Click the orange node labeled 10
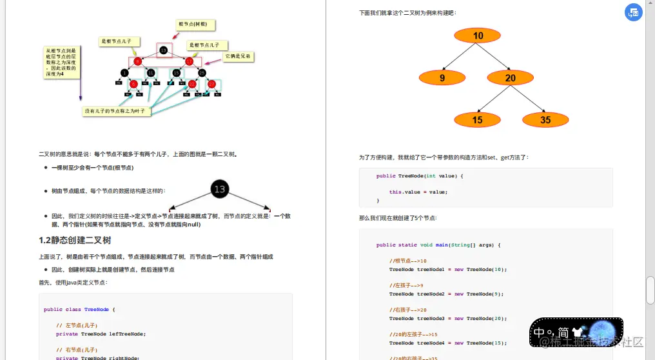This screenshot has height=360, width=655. tap(478, 35)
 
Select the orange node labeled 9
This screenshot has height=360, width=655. tap(442, 78)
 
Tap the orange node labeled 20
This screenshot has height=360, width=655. tap(511, 78)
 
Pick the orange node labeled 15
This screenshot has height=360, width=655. tap(477, 120)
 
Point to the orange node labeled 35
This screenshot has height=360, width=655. tap(545, 120)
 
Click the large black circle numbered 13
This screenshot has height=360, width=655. tap(220, 189)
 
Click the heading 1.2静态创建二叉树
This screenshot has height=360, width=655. tap(75, 241)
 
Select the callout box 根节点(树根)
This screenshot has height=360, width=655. tap(196, 25)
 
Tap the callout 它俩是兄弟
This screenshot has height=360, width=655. tap(238, 57)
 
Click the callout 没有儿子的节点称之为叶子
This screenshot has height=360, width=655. tap(117, 111)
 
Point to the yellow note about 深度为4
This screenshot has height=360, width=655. tap(61, 62)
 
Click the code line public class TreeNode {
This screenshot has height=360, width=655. tap(79, 309)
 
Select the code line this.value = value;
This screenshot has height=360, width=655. tap(418, 192)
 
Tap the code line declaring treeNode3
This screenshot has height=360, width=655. tap(448, 318)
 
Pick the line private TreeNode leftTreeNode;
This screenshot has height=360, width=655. tap(101, 334)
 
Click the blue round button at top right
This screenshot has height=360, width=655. tap(634, 12)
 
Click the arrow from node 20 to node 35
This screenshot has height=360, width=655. tap(529, 100)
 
